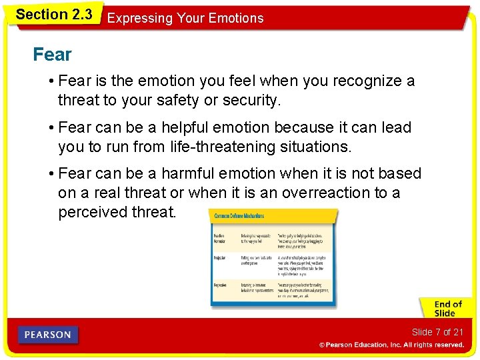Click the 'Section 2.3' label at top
[53, 15]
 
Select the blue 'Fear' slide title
[52, 55]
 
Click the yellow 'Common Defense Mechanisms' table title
[239, 216]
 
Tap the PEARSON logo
[49, 335]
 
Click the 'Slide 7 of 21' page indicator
[437, 332]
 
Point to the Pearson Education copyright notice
[391, 345]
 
